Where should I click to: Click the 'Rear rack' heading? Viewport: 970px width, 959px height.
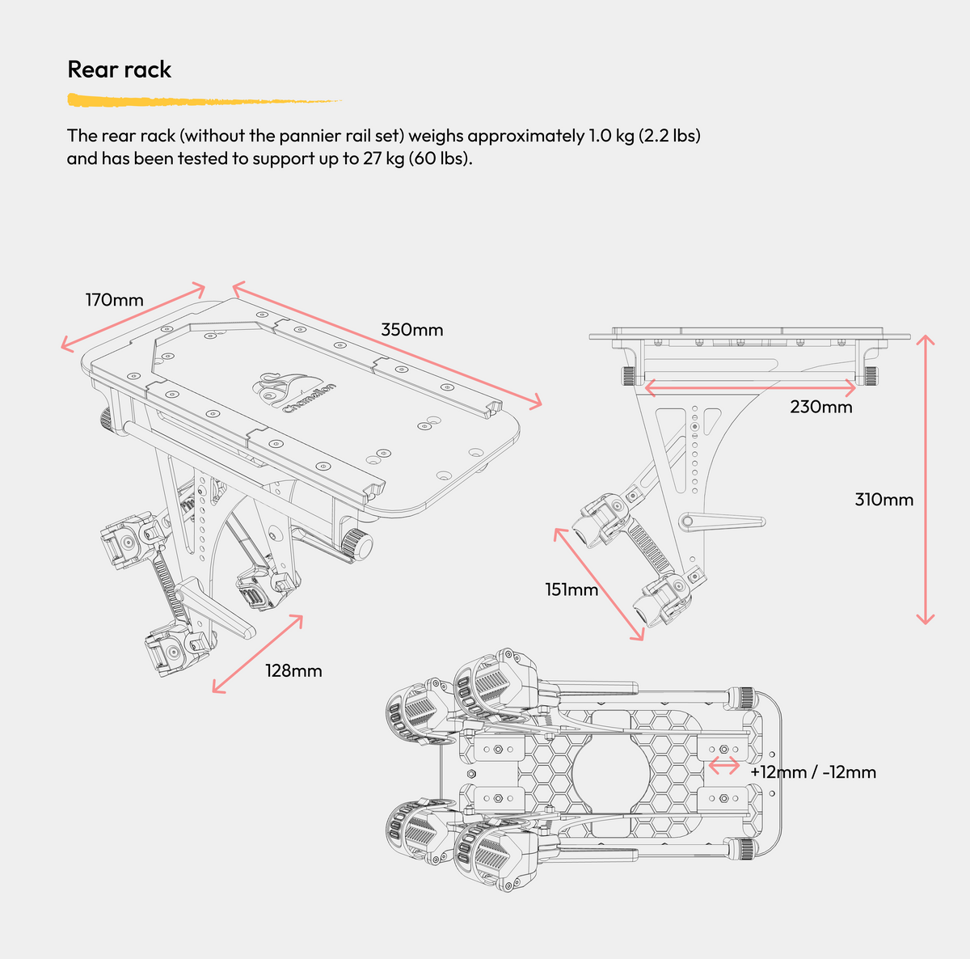tap(119, 70)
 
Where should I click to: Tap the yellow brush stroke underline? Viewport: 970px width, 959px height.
tap(202, 101)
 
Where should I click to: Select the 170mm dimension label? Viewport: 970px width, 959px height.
tap(114, 300)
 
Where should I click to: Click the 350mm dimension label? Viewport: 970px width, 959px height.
tap(411, 330)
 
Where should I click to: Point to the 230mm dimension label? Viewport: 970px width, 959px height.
tap(820, 407)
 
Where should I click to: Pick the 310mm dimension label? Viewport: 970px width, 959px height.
tap(884, 500)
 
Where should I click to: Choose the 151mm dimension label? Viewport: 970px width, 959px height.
tap(571, 589)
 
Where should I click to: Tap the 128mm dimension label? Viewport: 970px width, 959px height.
tap(293, 670)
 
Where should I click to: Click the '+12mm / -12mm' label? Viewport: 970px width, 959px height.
tap(812, 772)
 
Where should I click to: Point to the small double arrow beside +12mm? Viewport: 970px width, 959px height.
tap(723, 765)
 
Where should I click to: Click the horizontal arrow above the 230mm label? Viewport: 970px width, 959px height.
tap(749, 387)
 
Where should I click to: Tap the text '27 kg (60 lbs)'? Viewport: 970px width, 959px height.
tap(416, 158)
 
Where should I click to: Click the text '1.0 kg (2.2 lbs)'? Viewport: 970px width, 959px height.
tap(643, 136)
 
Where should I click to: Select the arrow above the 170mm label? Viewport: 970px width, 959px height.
tap(133, 317)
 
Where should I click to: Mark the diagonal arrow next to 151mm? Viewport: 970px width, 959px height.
tap(599, 584)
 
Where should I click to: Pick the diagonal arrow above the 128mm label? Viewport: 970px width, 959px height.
tap(257, 654)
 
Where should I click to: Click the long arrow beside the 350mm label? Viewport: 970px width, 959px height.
tap(386, 345)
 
